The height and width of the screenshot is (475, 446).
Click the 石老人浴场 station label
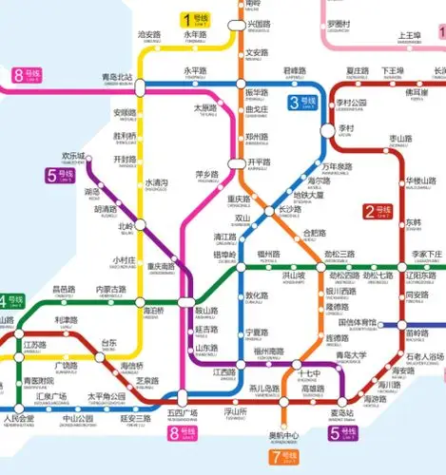coord(425,358)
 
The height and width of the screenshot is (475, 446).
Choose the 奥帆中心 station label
coord(284,435)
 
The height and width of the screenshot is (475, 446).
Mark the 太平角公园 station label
coord(107,397)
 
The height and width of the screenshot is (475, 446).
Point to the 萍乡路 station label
coord(206,176)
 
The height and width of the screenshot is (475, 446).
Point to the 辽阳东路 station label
coord(419,276)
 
